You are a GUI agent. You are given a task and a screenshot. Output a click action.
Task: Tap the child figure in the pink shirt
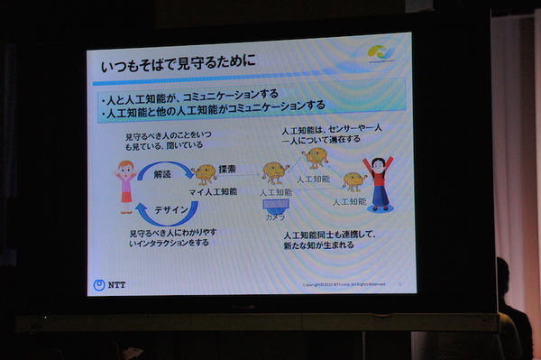point(125,184)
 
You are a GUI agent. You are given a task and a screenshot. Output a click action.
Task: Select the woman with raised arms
point(378,181)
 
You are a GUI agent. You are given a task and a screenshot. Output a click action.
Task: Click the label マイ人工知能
point(213,191)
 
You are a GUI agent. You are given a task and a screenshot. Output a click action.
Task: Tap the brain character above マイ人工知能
point(206,172)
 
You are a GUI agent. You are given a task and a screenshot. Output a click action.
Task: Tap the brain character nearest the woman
point(353,181)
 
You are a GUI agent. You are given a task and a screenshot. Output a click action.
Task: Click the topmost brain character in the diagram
point(316,157)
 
